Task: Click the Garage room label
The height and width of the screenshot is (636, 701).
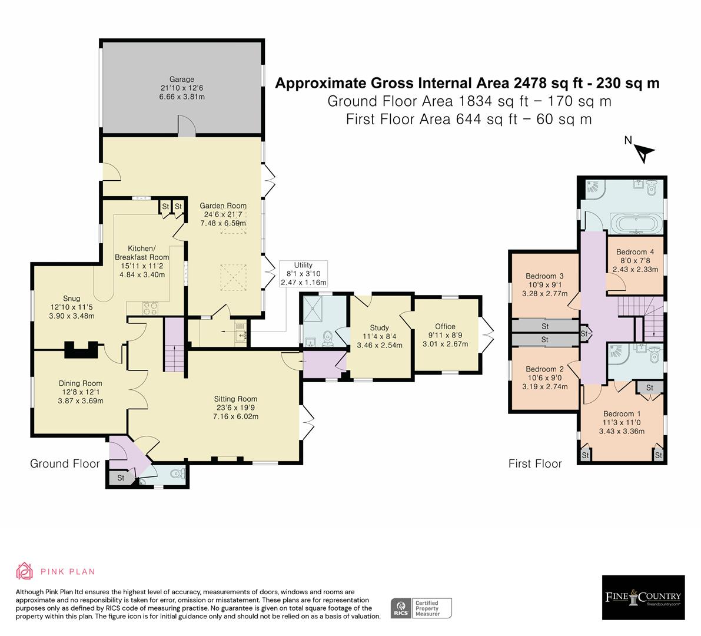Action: tap(181, 79)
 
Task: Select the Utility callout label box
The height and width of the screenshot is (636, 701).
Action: tap(303, 274)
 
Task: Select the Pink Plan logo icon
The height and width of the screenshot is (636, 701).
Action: tap(25, 571)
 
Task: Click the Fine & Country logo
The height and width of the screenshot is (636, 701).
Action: tap(643, 597)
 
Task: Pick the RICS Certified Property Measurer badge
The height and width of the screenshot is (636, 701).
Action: tap(421, 608)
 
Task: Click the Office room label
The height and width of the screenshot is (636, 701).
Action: tap(445, 327)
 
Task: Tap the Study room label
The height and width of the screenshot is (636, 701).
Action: tap(380, 328)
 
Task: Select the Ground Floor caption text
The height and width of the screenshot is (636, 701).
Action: tap(65, 463)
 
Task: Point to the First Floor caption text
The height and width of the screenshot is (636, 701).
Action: tap(534, 463)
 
